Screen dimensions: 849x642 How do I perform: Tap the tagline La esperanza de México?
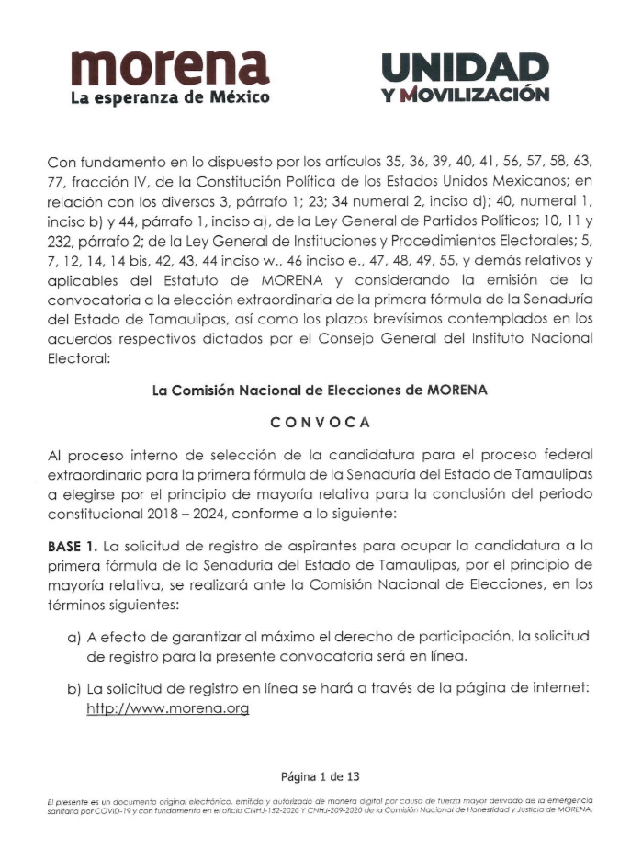pos(170,96)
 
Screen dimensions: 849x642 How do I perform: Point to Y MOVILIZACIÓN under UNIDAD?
pos(467,95)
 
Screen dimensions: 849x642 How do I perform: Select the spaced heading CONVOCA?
pos(320,422)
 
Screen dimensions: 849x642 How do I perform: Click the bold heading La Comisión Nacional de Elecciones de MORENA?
pos(320,390)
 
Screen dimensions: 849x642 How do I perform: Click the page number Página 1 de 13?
pos(320,776)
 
